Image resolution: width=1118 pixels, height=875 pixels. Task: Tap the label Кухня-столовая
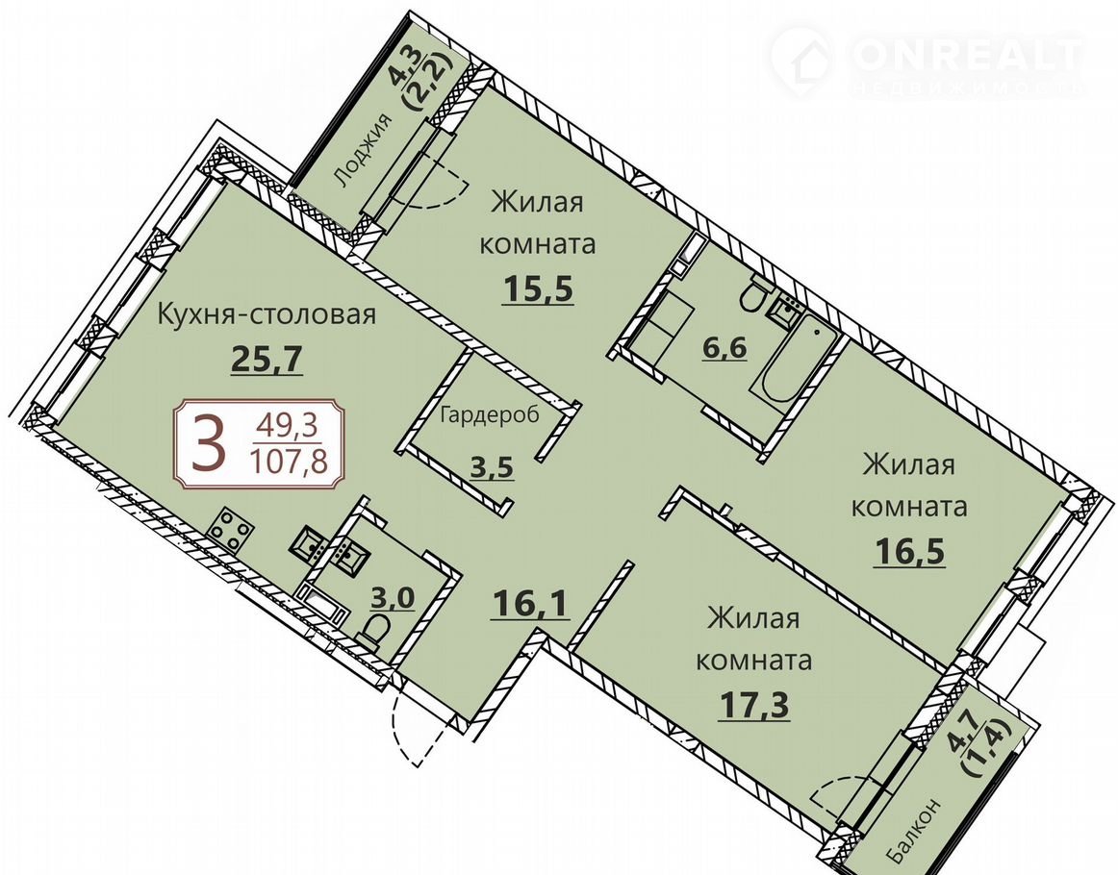[x=266, y=313]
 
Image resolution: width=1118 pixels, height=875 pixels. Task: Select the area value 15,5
[x=539, y=288]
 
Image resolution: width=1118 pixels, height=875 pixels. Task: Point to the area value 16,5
[x=909, y=551]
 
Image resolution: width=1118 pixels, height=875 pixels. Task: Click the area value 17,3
[x=753, y=706]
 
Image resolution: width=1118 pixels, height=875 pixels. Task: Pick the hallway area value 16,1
[x=531, y=605]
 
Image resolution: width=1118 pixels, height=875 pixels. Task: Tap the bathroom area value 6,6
[x=724, y=348]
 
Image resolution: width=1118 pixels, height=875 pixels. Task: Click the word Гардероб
[x=489, y=414]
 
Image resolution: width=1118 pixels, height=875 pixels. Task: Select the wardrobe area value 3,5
[x=492, y=467]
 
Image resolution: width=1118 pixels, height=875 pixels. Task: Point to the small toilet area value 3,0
[x=393, y=597]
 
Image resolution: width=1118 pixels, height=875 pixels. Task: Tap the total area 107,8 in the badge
[x=288, y=462]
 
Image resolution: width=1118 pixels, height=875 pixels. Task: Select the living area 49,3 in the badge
[x=288, y=428]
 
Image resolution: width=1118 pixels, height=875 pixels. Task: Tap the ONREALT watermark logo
[x=927, y=62]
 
